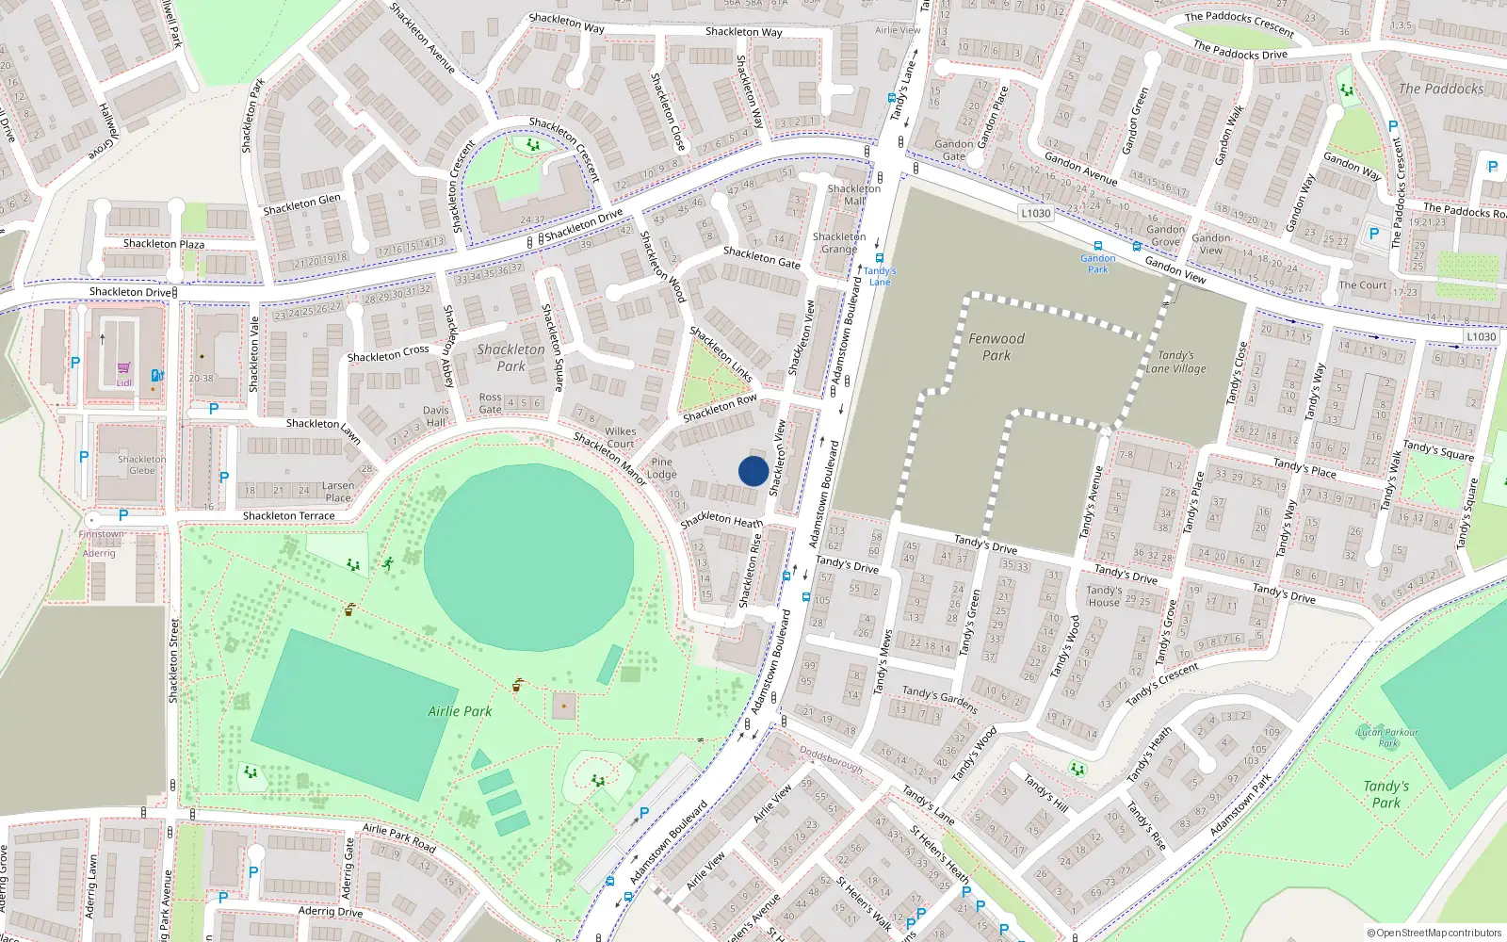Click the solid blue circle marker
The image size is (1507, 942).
pos(753,471)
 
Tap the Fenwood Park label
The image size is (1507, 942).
pos(997,347)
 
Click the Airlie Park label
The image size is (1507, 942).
pos(460,711)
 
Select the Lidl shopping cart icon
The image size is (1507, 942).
pos(123,368)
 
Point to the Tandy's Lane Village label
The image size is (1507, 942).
pos(1175,362)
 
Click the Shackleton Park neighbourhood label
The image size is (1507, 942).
pos(510,357)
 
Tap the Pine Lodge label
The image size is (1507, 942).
pos(662,468)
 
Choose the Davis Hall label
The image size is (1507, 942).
pos(436,416)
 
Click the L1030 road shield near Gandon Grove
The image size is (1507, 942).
pos(1035,213)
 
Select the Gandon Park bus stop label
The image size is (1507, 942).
pos(1098,264)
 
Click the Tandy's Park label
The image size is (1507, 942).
pos(1386,794)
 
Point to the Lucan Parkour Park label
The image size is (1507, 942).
pos(1388,737)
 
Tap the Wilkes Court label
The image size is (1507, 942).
pos(620,437)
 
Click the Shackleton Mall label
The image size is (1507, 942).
pos(854,194)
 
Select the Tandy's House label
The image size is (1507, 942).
pos(1104,596)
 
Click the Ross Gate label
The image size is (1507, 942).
pos(490,403)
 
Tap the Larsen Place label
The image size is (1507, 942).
pos(338,492)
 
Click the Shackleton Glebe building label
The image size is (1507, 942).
pos(141,464)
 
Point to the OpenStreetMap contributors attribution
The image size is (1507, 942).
pos(1434,933)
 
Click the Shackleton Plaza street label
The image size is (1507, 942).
pos(164,244)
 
